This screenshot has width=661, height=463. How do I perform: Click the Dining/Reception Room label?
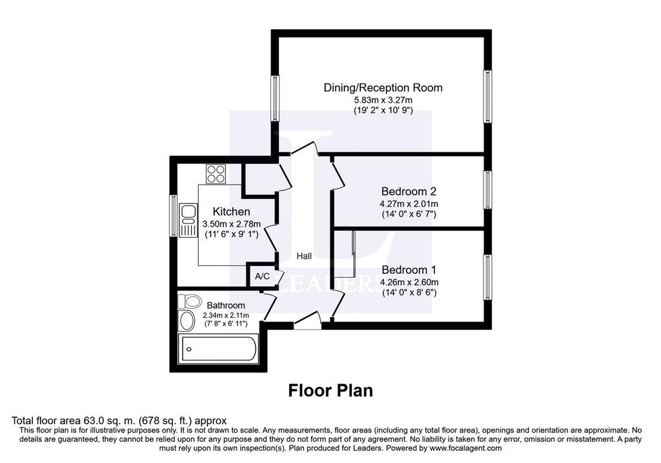[x=383, y=88]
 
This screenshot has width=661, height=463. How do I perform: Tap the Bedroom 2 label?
[x=409, y=191]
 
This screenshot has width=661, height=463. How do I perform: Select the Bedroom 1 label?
[x=409, y=270]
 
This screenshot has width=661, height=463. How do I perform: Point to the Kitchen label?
[x=231, y=211]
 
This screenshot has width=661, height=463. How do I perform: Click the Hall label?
[x=304, y=256]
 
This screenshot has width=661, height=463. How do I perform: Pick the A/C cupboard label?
[x=262, y=276]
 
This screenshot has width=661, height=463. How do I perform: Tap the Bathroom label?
[x=225, y=305]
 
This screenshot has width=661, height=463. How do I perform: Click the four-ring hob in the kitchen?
[x=216, y=174]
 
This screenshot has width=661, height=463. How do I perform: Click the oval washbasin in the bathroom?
[x=187, y=321]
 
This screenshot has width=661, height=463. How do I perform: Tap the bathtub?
[x=218, y=349]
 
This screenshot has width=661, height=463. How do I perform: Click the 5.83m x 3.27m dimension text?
[x=383, y=100]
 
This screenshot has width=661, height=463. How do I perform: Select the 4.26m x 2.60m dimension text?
[x=409, y=282]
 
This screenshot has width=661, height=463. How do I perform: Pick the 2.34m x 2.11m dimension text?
[x=225, y=315]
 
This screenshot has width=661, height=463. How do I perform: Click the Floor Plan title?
[x=330, y=391]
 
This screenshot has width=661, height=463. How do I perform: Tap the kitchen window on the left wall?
[x=173, y=215]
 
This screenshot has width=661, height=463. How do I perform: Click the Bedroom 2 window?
[x=487, y=189]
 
